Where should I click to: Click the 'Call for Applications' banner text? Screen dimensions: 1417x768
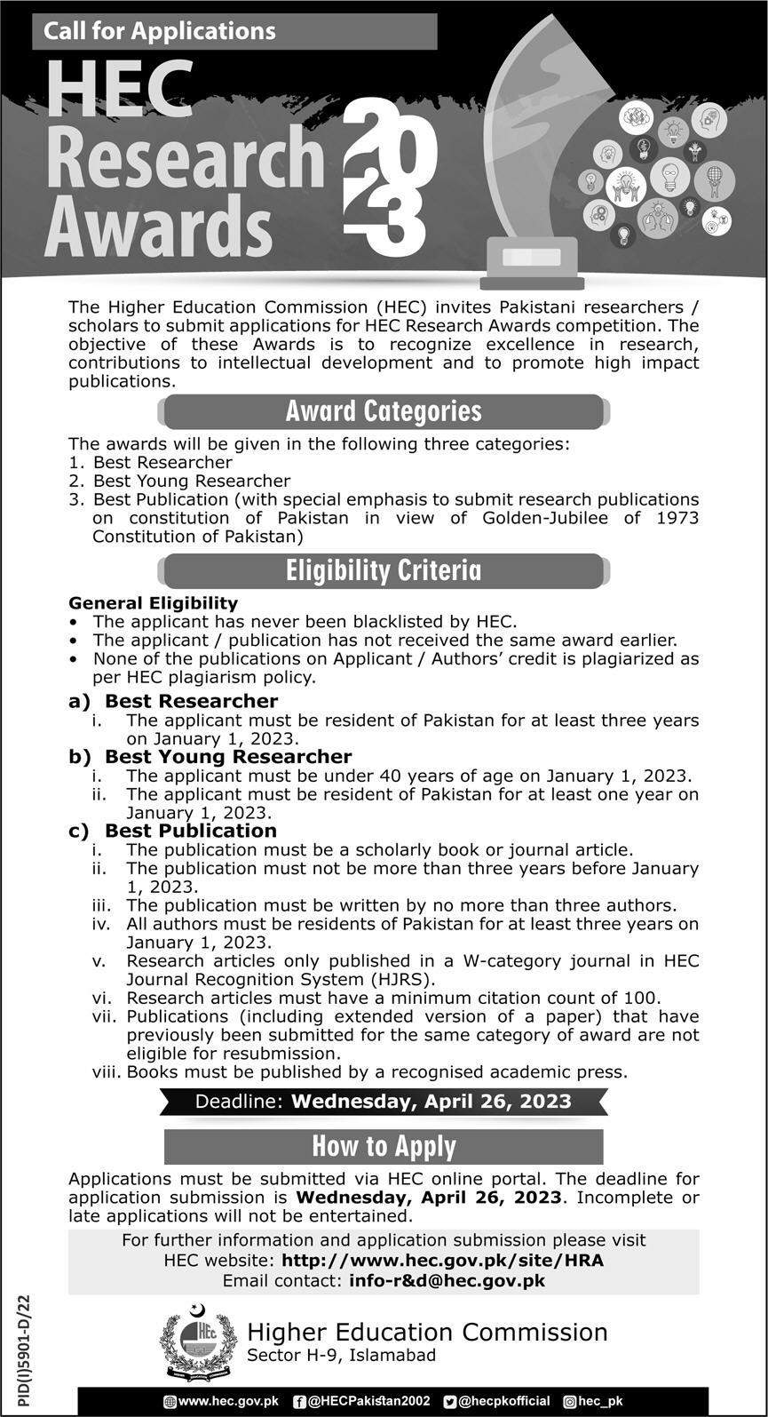(x=160, y=31)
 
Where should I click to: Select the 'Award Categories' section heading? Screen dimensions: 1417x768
(x=384, y=411)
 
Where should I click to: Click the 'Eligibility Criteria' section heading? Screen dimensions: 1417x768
(x=384, y=570)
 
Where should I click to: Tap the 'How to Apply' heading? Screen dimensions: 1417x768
(x=384, y=1146)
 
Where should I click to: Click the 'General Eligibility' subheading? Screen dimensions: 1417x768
(x=154, y=603)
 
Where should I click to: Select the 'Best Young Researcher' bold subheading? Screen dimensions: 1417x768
(x=228, y=757)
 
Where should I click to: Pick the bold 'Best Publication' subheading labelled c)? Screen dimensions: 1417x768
(x=191, y=831)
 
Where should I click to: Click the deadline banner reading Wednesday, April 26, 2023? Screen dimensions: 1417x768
(x=384, y=1102)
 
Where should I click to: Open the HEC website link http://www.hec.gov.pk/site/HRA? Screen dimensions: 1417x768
(x=442, y=1260)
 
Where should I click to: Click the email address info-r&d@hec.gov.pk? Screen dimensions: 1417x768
(x=447, y=1280)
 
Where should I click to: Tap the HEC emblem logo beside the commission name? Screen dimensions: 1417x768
(x=199, y=1341)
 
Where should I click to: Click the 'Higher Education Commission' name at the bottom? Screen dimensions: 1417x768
(x=427, y=1333)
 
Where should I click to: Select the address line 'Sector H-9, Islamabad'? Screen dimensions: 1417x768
(x=342, y=1356)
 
